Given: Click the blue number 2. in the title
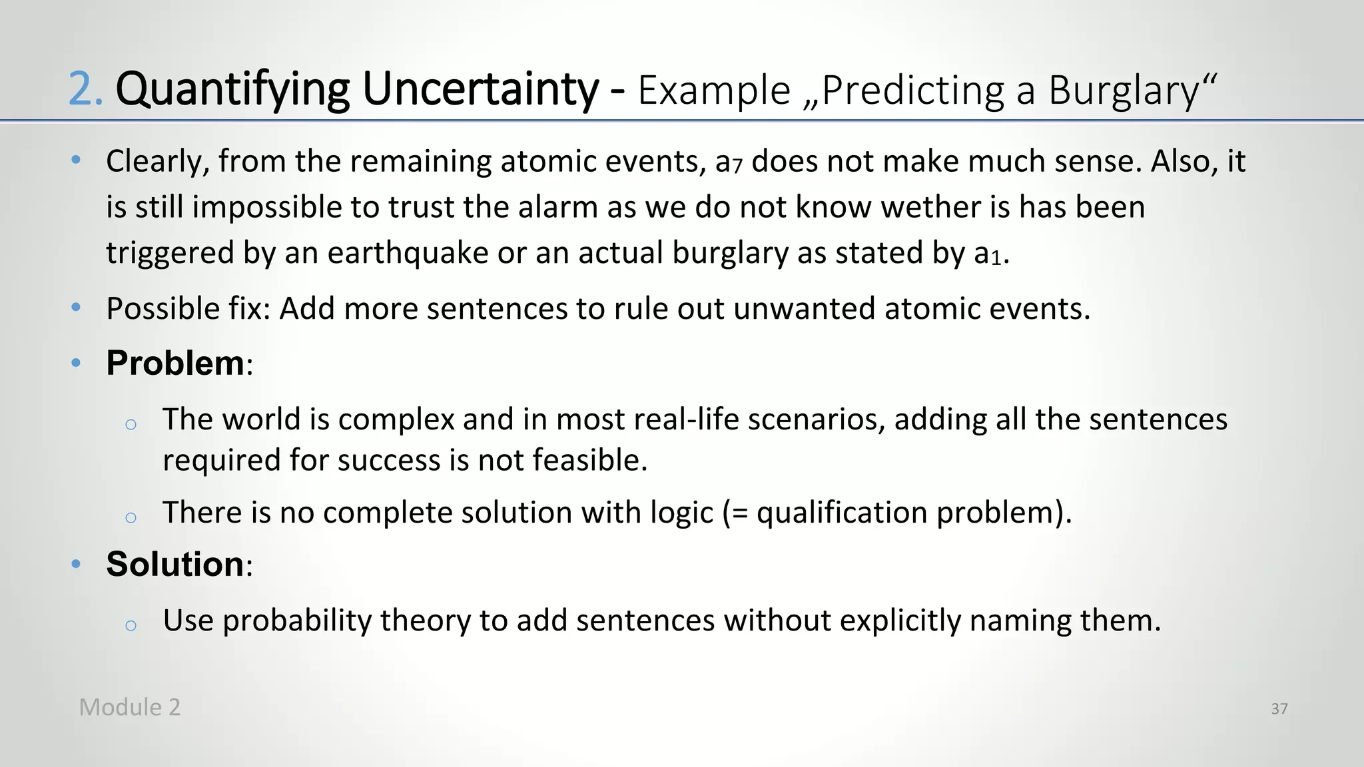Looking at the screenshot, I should coord(86,90).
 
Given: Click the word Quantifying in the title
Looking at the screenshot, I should coord(232,90).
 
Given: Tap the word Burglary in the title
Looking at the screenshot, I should coord(1123,90).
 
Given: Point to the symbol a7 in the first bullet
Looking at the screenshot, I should coord(728,162).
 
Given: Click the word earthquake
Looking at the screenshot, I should coord(408,254).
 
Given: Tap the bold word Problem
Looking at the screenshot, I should coord(175,364).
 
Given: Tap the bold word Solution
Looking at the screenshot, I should coord(175,565).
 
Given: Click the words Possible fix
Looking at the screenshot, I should coord(188,309).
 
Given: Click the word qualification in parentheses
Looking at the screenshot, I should coord(842,513).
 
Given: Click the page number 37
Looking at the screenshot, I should coord(1279,709).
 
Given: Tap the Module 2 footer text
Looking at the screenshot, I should coord(130,707).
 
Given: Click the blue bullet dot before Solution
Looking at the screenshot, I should coord(76,565).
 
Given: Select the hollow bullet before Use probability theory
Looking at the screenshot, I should coord(131,625).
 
